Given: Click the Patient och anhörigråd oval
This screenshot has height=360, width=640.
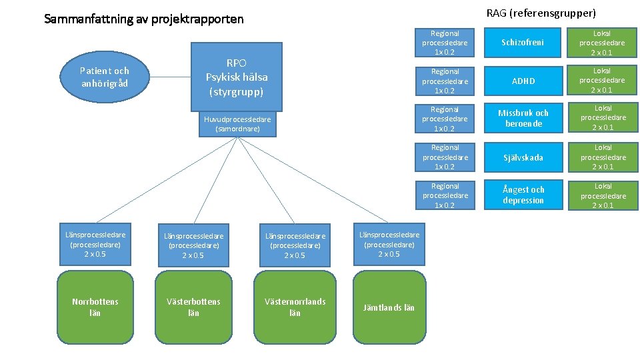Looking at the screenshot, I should click(104, 76).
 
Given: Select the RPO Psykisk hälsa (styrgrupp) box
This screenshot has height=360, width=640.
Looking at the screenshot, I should click(237, 77).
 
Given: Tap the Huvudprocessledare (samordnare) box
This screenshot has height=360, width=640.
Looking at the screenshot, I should click(237, 124).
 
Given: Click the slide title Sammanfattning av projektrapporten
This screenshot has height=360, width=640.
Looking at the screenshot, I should click(144, 19).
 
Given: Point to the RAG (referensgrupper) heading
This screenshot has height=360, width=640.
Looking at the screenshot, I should click(541, 13).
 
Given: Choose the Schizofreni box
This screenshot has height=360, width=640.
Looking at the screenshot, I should click(523, 43).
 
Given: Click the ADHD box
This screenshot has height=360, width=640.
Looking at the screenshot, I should click(523, 81).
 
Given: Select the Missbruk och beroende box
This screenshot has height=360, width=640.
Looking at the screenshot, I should click(523, 119).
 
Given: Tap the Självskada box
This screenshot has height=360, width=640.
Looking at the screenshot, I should click(523, 157).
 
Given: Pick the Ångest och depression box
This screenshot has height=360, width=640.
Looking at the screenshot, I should click(523, 195).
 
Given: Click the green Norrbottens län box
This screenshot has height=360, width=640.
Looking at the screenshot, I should click(95, 307).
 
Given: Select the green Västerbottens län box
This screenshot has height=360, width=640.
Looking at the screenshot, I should click(193, 307).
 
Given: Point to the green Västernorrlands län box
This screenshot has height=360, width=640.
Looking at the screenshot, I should click(295, 307).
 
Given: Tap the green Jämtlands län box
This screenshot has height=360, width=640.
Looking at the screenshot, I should click(389, 307).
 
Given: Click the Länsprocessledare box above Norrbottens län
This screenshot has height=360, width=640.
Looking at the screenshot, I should click(95, 244).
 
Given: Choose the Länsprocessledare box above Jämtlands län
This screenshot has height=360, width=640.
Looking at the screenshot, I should click(389, 244).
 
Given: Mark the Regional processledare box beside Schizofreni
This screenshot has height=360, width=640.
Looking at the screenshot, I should click(445, 43).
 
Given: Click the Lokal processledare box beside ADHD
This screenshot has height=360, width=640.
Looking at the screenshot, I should click(602, 81).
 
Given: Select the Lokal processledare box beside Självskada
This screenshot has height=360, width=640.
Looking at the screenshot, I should click(603, 157).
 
